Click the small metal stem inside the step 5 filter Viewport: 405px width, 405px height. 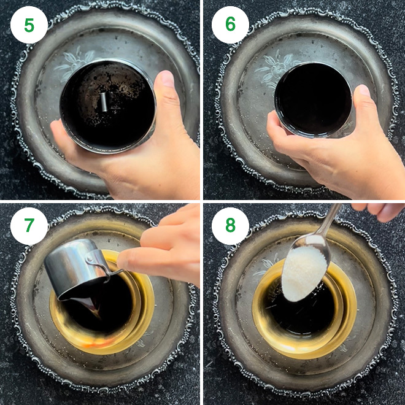(104, 102)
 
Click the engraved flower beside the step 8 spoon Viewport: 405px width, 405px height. (265, 264)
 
